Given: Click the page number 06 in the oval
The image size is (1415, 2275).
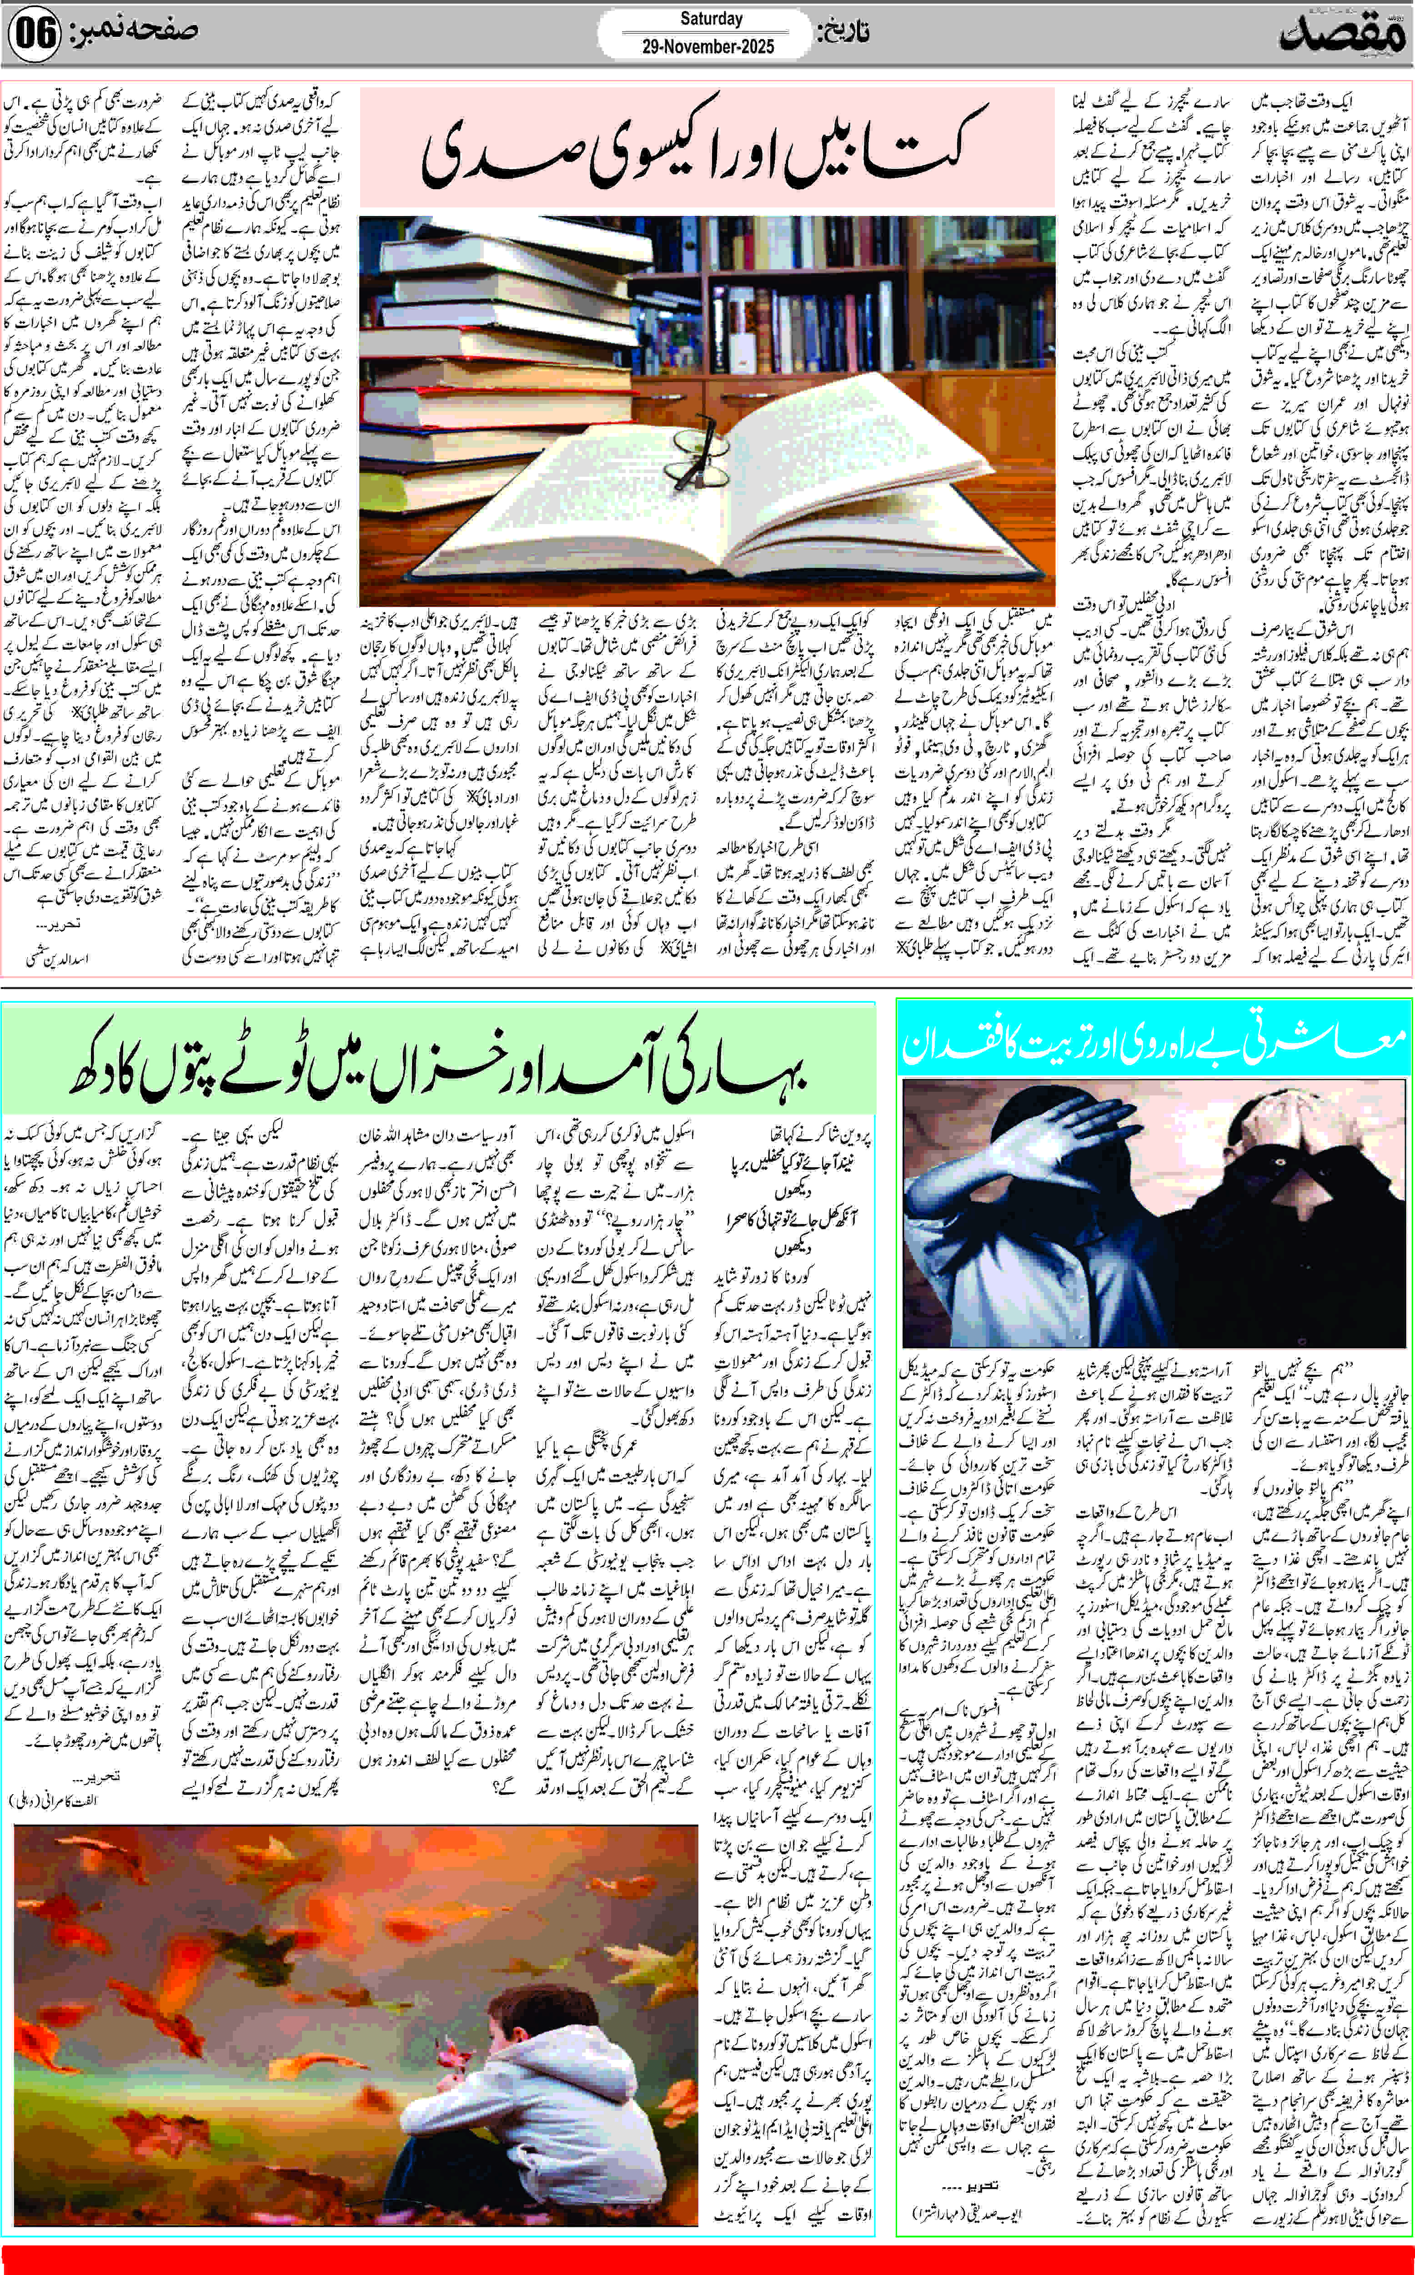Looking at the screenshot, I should (x=35, y=34).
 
